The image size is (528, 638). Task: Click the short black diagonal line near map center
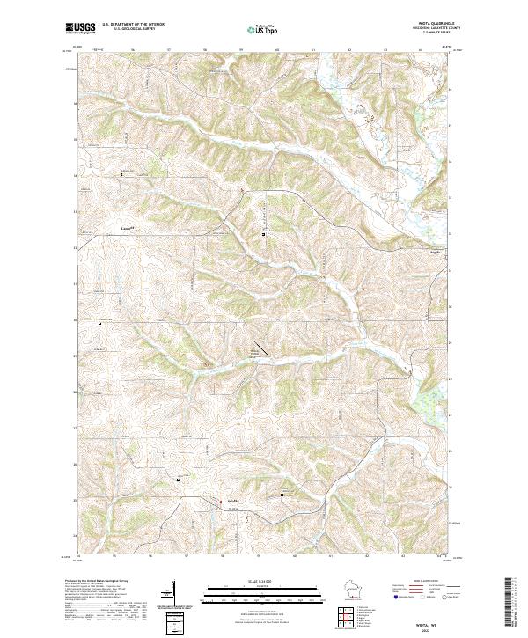click(x=261, y=348)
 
